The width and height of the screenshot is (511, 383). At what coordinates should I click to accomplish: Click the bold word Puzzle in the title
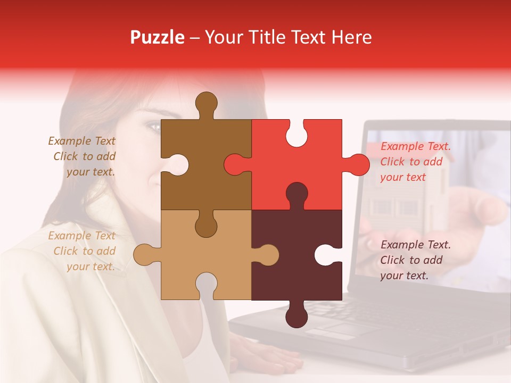tap(158, 37)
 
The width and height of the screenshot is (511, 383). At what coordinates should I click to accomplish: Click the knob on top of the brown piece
tap(207, 103)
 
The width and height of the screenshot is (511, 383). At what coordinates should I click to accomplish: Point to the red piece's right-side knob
tap(357, 164)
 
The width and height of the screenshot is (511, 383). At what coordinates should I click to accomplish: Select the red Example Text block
tap(415, 162)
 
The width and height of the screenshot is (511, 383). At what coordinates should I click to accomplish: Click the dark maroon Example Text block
tap(415, 260)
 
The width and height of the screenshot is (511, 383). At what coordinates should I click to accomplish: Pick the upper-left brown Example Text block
tap(83, 156)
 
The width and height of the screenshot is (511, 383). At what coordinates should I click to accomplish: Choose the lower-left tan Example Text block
tap(83, 251)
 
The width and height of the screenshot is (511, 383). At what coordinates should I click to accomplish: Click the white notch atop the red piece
tap(297, 134)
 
